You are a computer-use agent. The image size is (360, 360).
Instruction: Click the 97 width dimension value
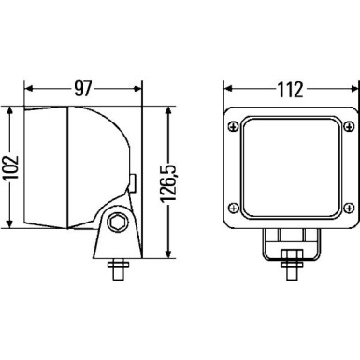point(83,90)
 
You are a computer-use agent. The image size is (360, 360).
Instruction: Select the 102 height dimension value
point(10,167)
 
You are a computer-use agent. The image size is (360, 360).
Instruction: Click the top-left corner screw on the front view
point(231,122)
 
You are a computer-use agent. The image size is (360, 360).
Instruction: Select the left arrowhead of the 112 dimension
point(223,91)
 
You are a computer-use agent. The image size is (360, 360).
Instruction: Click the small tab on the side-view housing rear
point(134,184)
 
